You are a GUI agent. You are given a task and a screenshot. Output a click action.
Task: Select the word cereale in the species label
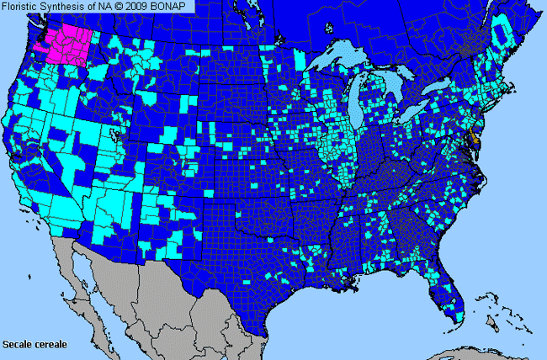click(51, 345)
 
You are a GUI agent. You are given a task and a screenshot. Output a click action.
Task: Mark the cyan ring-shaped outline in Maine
click(502, 33)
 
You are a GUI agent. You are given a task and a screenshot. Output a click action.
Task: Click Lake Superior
click(337, 61)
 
